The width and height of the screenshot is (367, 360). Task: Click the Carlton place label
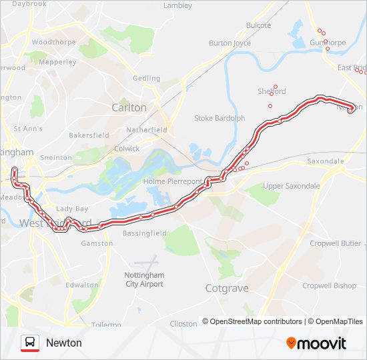(x=129, y=107)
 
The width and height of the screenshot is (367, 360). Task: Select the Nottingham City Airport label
(x=144, y=279)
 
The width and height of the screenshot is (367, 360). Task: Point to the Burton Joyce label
(x=230, y=43)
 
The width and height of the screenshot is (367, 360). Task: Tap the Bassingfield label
(x=145, y=233)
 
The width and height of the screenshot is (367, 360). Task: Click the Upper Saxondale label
(x=291, y=186)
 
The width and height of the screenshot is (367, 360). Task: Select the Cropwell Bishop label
(x=329, y=285)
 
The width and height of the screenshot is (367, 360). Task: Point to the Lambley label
(x=177, y=5)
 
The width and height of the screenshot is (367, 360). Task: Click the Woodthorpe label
(x=53, y=41)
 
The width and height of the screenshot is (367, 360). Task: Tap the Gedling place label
(x=146, y=78)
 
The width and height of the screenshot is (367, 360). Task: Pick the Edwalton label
(x=81, y=284)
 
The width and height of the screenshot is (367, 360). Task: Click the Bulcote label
(x=258, y=25)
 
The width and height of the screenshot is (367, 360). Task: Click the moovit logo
(x=316, y=343)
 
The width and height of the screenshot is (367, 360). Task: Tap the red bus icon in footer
(x=29, y=343)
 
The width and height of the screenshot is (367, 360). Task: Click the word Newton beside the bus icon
(x=64, y=343)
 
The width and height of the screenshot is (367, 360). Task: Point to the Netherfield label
(x=147, y=130)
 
